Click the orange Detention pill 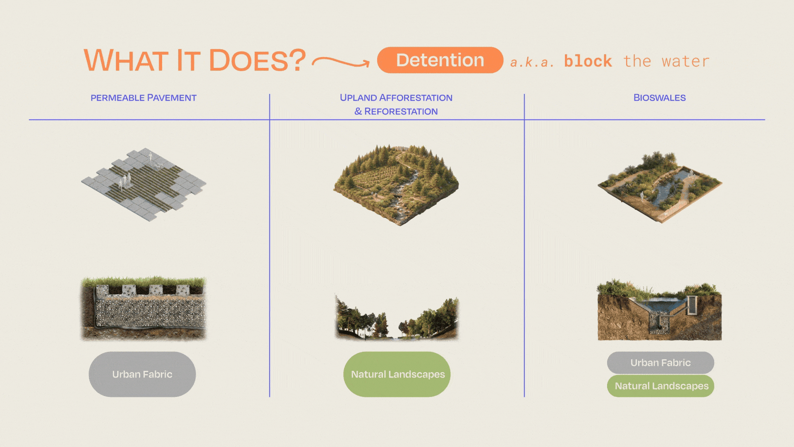(440, 60)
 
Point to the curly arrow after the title (340, 62)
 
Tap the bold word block (588, 61)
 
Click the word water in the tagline (686, 61)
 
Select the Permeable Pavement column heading (143, 98)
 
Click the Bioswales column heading (660, 98)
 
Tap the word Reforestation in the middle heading (401, 111)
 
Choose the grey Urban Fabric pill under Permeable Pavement (142, 374)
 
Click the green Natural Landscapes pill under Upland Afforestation (397, 374)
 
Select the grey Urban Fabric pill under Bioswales (660, 363)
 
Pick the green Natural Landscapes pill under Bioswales (660, 386)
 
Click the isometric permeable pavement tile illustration (143, 185)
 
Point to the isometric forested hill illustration (396, 185)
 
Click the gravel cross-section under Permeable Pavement (143, 309)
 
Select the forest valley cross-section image (397, 318)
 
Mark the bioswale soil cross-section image (660, 310)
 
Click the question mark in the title (297, 60)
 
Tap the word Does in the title (249, 60)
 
